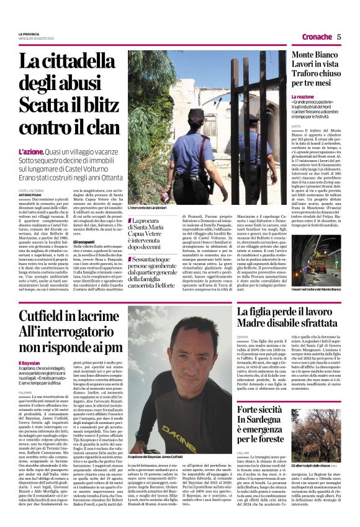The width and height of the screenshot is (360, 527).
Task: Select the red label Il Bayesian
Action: [x=29, y=363]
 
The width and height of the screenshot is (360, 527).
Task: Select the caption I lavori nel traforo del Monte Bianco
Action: [x=305, y=289]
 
